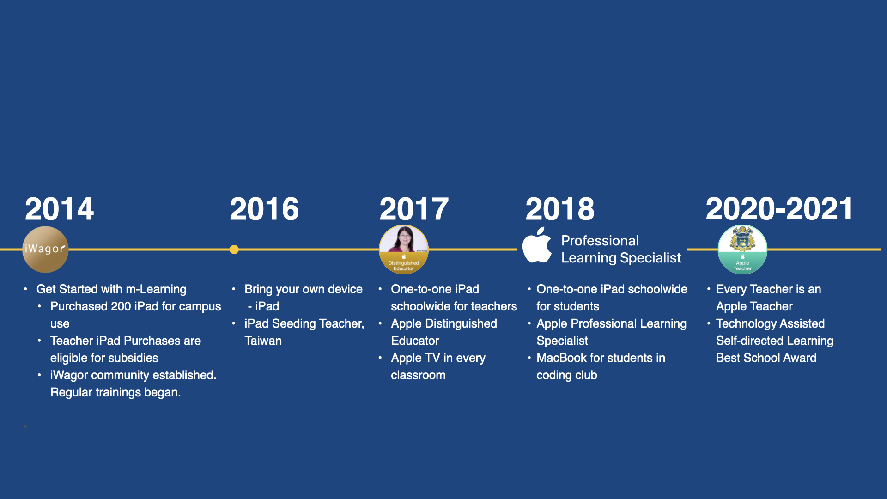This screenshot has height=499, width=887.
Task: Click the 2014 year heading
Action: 59,209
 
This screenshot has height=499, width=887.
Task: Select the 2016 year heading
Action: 264,209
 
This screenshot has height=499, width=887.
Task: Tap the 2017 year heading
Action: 414,209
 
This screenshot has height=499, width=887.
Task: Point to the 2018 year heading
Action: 560,209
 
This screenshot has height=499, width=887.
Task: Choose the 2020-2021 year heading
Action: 779,209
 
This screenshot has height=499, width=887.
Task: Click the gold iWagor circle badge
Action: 45,249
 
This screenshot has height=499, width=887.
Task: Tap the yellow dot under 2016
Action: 234,249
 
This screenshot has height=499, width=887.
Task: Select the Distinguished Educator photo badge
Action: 404,249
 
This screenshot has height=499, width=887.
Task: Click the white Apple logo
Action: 537,245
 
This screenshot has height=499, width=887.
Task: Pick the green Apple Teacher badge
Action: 742,249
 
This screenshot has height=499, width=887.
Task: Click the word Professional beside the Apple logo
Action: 600,241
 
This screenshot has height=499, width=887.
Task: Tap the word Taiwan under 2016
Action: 263,341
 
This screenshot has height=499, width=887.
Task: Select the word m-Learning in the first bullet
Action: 156,289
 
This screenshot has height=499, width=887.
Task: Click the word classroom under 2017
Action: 418,375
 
